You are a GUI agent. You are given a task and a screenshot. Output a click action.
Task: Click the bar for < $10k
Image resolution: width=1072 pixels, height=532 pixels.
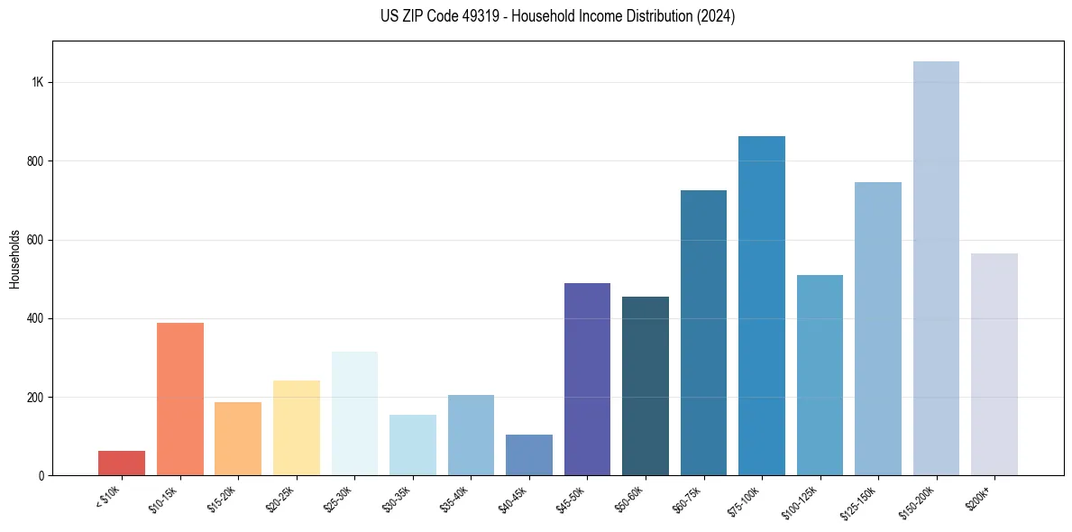(122, 463)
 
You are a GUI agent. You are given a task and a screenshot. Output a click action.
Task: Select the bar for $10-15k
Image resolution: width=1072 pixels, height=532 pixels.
(179, 399)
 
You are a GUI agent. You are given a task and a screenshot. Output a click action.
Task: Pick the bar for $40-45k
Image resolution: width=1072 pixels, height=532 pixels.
(529, 454)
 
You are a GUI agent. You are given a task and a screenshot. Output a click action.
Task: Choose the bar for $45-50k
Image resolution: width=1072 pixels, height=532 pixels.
(587, 379)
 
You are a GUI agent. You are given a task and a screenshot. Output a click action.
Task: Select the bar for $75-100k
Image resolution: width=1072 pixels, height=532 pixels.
(762, 306)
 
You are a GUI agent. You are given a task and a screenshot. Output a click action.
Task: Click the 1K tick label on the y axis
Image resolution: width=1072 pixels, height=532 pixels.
(38, 82)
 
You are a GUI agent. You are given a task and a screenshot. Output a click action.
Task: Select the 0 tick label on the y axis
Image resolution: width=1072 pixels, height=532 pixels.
(41, 475)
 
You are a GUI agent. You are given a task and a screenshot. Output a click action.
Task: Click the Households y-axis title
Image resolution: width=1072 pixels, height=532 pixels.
(15, 259)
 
